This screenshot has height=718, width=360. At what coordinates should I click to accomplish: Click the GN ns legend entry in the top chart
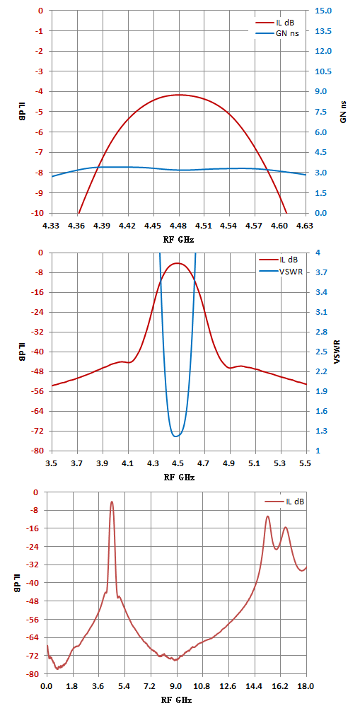277,33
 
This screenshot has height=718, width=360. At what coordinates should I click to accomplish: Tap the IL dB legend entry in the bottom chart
284,502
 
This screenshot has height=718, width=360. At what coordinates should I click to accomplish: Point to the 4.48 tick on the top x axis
179,225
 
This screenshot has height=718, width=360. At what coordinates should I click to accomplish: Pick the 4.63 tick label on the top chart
305,225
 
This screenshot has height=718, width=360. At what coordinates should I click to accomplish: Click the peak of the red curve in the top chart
179,95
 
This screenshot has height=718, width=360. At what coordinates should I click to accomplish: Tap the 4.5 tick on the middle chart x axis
179,463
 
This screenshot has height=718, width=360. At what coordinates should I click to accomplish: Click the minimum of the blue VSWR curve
176,436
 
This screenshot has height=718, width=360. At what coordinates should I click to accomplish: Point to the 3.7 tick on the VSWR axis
318,272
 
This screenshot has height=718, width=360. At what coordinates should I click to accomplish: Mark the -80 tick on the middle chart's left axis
37,451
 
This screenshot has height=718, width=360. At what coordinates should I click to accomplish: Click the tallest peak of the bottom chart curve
111,502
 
